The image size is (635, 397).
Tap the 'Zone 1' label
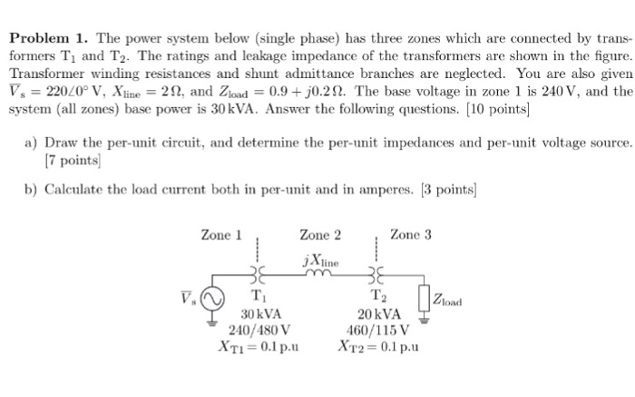(221, 234)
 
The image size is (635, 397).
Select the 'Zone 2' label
(320, 234)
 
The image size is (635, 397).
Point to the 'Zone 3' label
(411, 234)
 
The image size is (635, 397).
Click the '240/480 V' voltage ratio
(259, 329)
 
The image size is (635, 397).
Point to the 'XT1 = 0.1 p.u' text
(259, 345)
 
